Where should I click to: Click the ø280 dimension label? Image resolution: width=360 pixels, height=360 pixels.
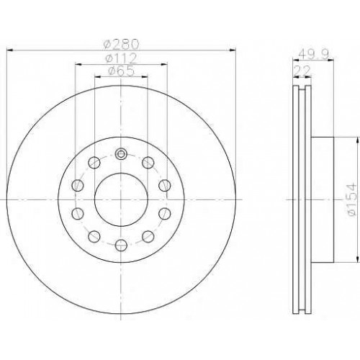[121, 44]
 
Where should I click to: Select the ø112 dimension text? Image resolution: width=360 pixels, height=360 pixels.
[121, 58]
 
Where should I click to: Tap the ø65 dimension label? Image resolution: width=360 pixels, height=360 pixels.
[121, 71]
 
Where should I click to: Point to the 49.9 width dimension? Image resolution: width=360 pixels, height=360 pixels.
[314, 54]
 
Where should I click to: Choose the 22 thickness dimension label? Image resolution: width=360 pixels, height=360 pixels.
[302, 71]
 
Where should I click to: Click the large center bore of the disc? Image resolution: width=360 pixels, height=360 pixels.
[121, 199]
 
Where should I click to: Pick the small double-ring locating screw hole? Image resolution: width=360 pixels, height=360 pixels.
[121, 154]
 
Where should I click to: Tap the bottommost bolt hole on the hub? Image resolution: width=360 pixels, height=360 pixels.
[121, 245]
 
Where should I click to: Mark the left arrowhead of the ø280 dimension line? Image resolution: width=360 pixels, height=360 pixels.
[9, 50]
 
